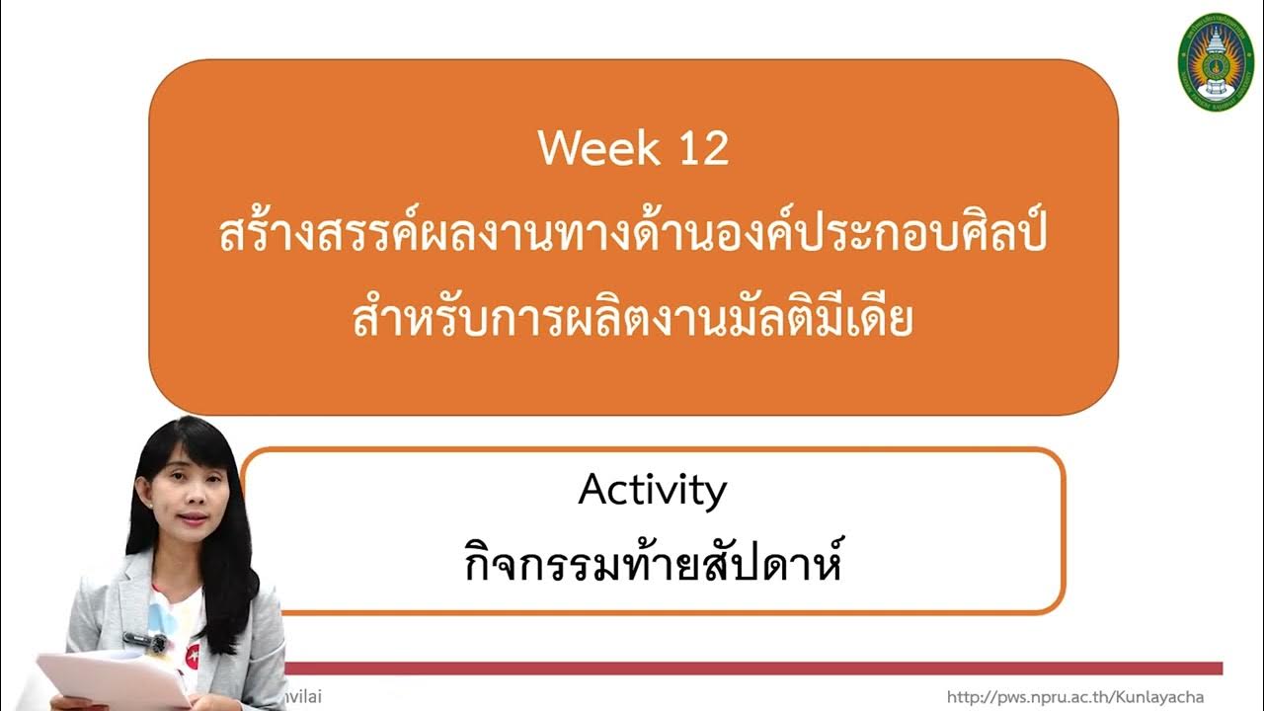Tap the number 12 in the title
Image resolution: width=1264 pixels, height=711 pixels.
(x=704, y=149)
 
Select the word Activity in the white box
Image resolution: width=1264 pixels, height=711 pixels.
(x=653, y=490)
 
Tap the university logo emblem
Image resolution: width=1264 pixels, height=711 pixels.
(x=1216, y=61)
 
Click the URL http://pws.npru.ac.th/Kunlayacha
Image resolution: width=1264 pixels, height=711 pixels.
(x=1075, y=697)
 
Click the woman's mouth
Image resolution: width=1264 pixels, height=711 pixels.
(x=194, y=518)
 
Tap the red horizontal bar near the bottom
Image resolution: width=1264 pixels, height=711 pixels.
(x=750, y=669)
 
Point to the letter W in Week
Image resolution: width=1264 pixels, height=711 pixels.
(x=559, y=149)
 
